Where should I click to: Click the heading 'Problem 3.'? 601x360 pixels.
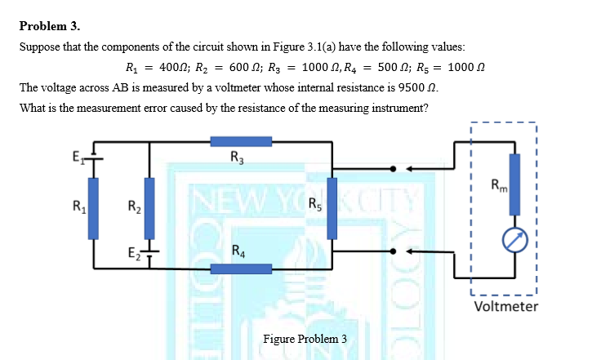(x=46, y=25)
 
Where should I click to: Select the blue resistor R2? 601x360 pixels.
(x=148, y=202)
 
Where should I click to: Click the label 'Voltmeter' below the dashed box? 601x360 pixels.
(x=505, y=306)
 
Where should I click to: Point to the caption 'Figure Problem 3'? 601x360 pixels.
(x=305, y=339)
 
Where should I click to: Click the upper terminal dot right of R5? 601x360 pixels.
(x=393, y=169)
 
